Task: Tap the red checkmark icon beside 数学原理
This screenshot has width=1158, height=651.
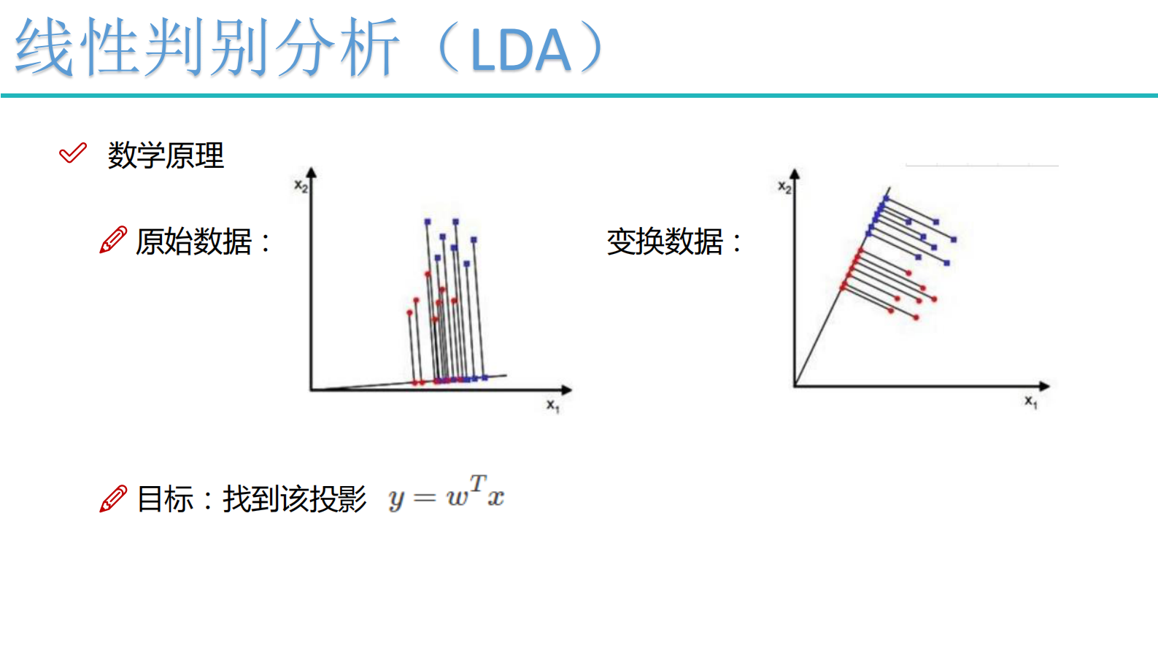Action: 73,153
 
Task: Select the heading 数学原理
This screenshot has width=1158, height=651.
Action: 166,155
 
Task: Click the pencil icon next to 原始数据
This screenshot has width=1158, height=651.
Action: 113,240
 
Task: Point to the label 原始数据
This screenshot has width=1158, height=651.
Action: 194,242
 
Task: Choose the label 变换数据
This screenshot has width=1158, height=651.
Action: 665,242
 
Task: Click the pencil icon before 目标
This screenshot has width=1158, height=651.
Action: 113,498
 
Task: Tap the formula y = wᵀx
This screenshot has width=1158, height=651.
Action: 447,493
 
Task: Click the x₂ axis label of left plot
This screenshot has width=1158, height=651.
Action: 301,186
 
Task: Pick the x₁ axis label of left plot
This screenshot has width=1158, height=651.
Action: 552,406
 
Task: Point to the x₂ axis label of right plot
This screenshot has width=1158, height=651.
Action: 784,188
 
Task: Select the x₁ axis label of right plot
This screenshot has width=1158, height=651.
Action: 1030,401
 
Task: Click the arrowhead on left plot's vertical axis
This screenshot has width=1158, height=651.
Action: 312,173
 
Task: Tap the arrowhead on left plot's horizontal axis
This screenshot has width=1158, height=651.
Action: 566,390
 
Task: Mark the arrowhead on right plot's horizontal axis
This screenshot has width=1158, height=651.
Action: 1044,385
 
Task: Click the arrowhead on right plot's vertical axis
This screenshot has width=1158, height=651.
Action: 795,174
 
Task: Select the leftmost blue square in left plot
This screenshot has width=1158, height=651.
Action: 427,221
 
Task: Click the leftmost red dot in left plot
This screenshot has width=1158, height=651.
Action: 409,313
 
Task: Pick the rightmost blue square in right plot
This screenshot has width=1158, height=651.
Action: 954,239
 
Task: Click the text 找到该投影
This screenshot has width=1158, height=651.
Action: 295,499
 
